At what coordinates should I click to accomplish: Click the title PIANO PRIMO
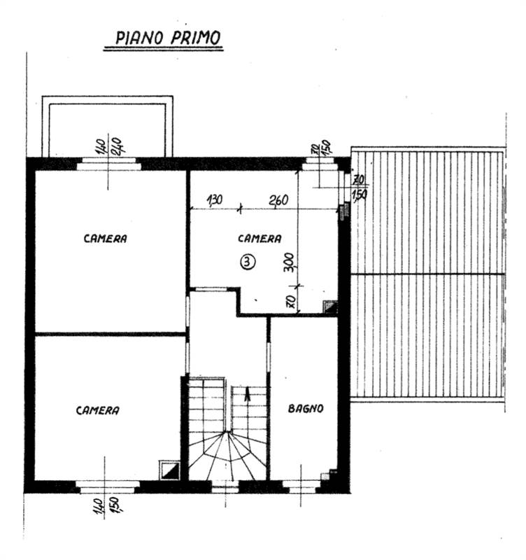pos(168,38)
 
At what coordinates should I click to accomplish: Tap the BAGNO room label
pos(306,409)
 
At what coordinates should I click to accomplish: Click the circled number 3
pos(248,262)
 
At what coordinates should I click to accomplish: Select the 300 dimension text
pos(290,262)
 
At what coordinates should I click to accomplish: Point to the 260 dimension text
pos(278,200)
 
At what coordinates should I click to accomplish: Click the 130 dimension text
pos(215,200)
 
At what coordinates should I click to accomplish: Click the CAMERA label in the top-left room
pos(106,239)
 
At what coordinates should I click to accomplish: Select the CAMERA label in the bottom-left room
pos(97,410)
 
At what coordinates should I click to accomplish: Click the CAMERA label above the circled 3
pos(260,239)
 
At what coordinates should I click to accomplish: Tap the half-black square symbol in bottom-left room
pos(169,470)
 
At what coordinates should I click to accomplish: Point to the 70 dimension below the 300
pos(290,302)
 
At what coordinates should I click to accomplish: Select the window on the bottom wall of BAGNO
pos(301,486)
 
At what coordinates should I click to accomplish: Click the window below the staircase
pos(225,486)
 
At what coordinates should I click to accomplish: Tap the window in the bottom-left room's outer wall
pos(108,486)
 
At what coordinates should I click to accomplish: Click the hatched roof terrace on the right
pos(427,274)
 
